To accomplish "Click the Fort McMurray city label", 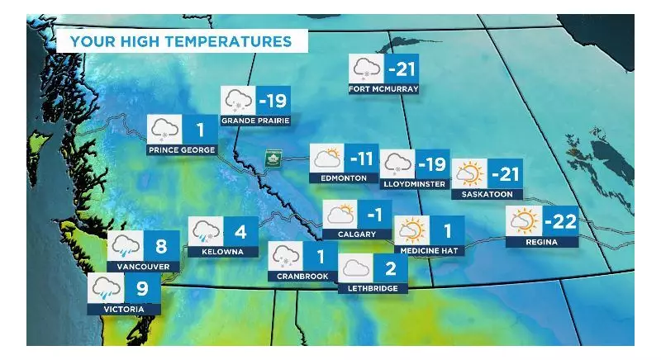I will (383, 89).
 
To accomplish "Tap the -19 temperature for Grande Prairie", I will (272, 102).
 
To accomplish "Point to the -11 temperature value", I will (361, 157).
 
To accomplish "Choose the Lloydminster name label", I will (415, 183).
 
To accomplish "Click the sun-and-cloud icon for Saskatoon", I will (469, 173).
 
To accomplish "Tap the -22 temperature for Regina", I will (559, 221).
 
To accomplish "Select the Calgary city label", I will (356, 234).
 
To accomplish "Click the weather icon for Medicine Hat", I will (411, 230).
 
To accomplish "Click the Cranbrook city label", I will (302, 276).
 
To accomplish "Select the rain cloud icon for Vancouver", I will (126, 245).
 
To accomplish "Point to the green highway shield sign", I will (272, 157).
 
